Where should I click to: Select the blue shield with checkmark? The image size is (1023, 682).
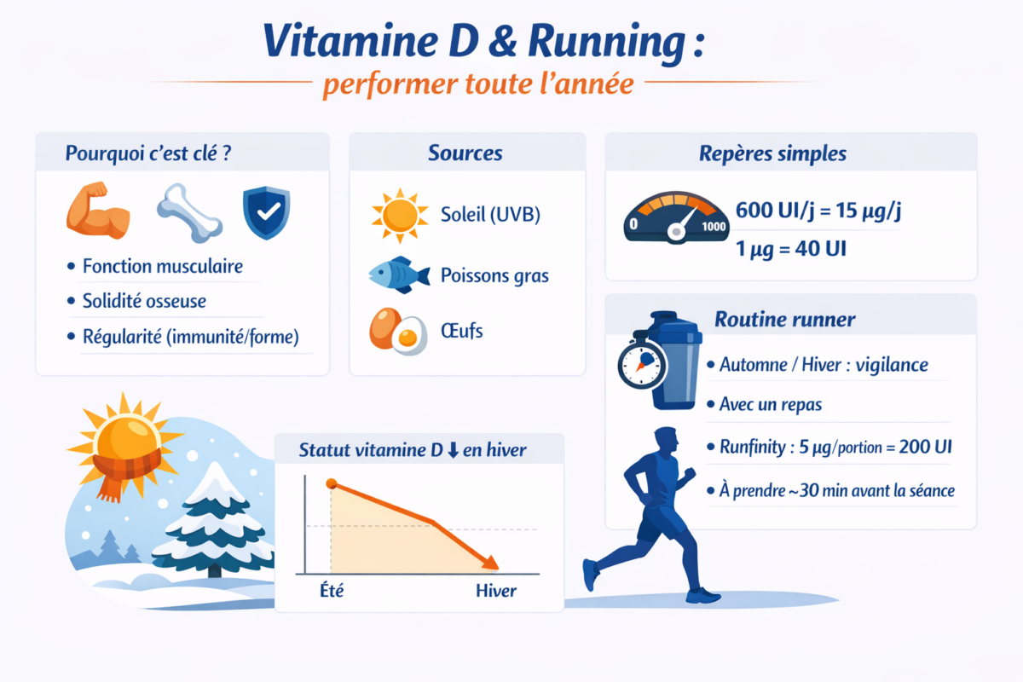(x=265, y=212)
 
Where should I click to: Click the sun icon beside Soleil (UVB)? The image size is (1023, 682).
(x=399, y=215)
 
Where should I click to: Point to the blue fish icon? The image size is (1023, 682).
(x=397, y=275)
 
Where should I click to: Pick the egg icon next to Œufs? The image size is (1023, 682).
(x=397, y=331)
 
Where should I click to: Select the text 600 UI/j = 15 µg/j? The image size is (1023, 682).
(x=818, y=211)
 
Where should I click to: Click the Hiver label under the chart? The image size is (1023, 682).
(x=495, y=590)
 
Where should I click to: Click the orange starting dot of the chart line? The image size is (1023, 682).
(x=332, y=484)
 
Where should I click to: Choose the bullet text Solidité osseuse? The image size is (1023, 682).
(x=144, y=301)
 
